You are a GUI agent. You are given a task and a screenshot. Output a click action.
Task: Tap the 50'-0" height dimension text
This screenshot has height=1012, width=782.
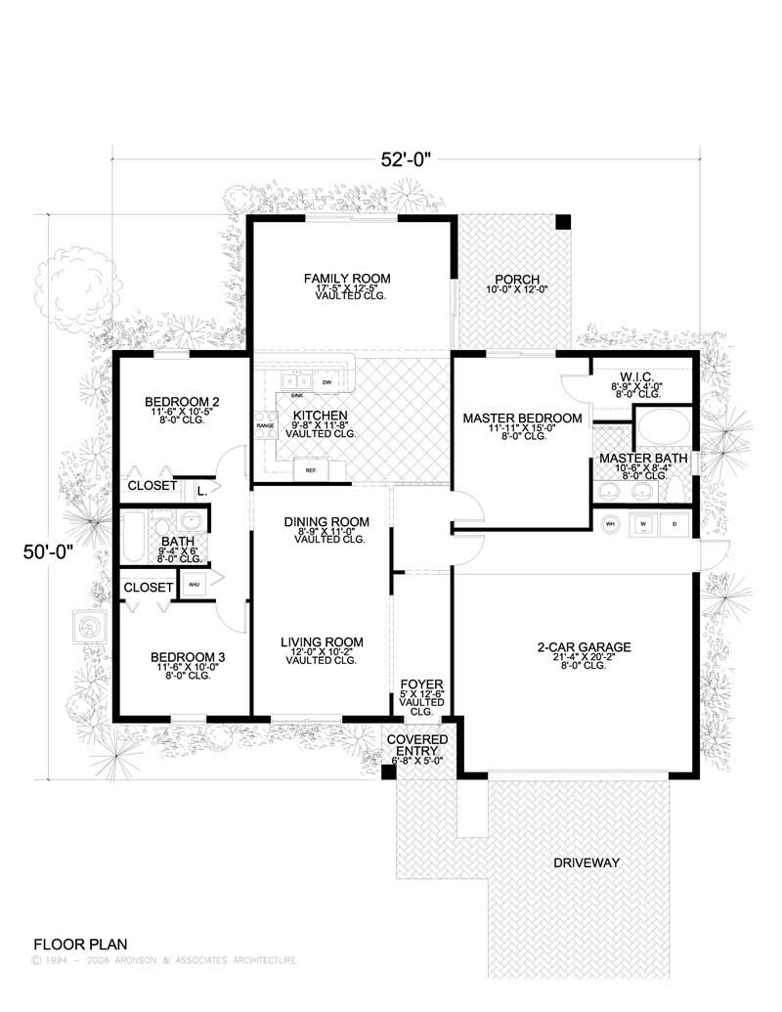pos(48,552)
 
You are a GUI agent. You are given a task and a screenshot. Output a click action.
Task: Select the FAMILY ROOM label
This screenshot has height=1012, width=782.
pos(339,279)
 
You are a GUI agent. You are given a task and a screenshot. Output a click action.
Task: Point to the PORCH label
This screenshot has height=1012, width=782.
pos(513,278)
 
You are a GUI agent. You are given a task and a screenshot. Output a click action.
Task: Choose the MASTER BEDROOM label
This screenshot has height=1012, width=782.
pos(522,418)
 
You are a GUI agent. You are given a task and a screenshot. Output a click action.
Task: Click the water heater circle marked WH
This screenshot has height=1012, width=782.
pos(611,523)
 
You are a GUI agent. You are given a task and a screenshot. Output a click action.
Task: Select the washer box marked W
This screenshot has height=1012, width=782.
pos(643,523)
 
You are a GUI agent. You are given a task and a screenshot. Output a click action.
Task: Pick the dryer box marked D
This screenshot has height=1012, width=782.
pos(674,523)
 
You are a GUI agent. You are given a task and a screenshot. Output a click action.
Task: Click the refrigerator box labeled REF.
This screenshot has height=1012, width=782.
pos(311,470)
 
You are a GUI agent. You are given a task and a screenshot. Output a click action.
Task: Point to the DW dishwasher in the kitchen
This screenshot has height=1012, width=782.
pos(328,381)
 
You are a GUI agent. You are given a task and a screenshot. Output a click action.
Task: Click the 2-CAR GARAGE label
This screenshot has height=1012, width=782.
pos(584,647)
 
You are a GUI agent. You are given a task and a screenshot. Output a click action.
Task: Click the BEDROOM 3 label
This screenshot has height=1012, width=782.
pos(185,657)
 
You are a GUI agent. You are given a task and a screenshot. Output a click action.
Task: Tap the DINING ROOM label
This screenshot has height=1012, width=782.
pos(326,522)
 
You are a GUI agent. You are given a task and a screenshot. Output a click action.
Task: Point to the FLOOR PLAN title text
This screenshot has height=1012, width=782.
pos(79,945)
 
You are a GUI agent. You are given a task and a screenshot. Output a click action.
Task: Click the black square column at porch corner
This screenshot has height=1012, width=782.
pos(562,223)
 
